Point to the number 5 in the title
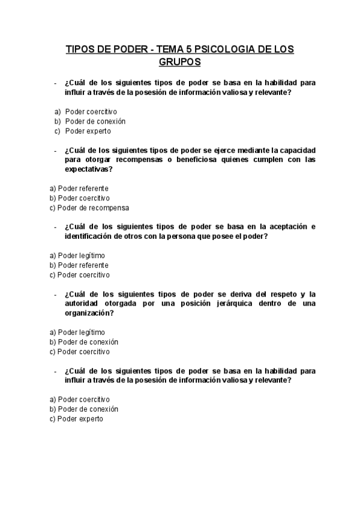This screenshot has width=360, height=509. [189, 49]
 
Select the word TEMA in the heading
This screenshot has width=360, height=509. [170, 49]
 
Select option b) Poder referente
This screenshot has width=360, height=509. [79, 265]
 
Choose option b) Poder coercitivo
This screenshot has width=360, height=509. [80, 198]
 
